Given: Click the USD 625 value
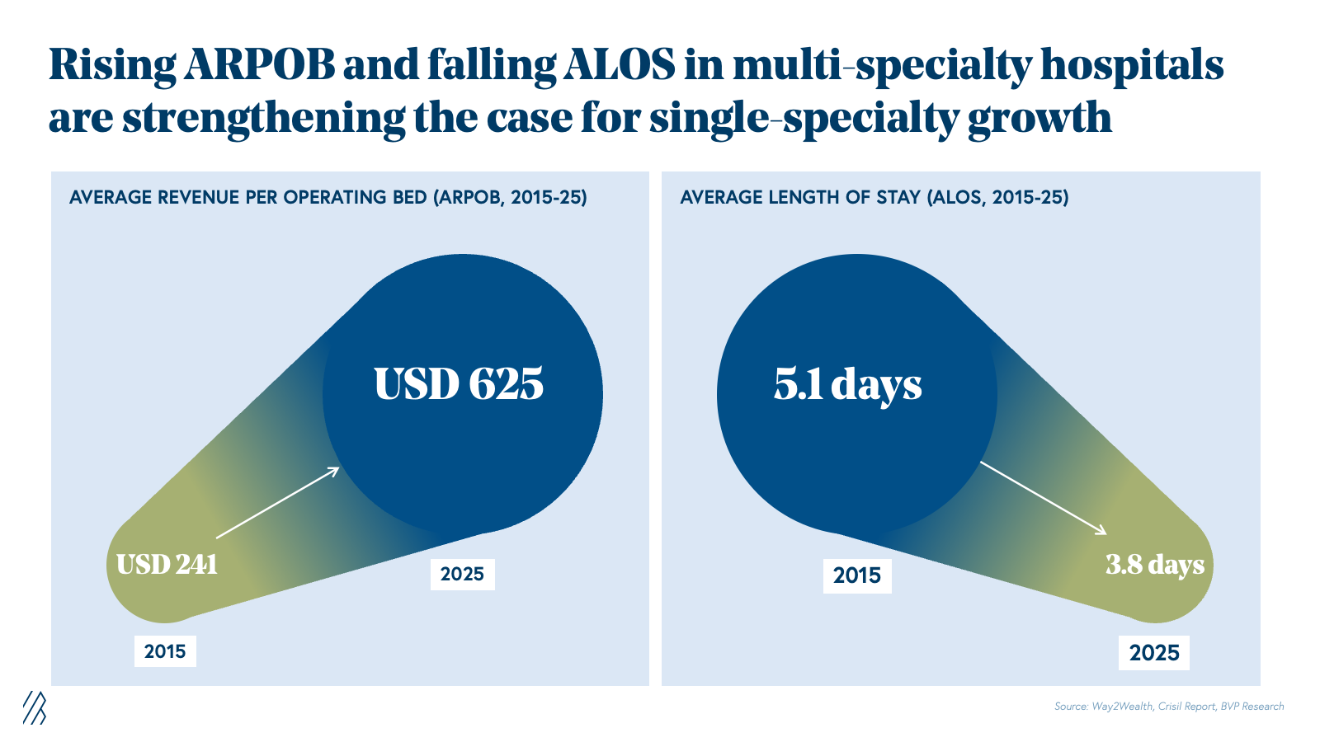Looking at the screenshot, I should click(x=459, y=384).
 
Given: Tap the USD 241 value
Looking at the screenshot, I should click(x=167, y=565).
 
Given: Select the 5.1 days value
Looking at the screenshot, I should click(x=847, y=385).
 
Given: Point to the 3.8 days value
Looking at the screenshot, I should click(x=1154, y=565).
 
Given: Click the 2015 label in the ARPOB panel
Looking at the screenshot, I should click(x=165, y=651).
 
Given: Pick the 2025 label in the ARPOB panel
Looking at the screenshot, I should click(x=462, y=574).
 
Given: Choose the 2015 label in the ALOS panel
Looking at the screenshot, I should click(x=857, y=575).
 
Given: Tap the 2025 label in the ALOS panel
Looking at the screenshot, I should click(x=1154, y=653).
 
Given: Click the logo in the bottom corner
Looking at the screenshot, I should click(x=34, y=707).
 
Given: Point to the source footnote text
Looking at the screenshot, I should click(x=1169, y=707).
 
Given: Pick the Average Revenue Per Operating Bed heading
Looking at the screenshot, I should click(x=328, y=198).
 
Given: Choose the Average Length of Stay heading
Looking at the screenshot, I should click(x=874, y=198).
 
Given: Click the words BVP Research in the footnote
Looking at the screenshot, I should click(x=1252, y=707).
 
